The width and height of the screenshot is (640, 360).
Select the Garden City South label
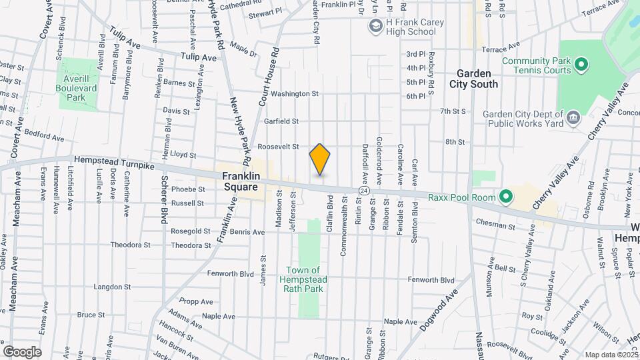pyautogui.click(x=477, y=79)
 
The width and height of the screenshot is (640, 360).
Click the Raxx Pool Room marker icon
pyautogui.click(x=505, y=197)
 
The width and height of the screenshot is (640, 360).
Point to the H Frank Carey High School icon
pyautogui.click(x=375, y=26)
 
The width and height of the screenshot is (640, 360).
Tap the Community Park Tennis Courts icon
pyautogui.click(x=581, y=65)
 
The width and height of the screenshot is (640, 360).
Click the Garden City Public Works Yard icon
pyautogui.click(x=572, y=119)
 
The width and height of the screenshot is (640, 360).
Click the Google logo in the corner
pyautogui.click(x=22, y=351)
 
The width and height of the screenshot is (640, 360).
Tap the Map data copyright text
pyautogui.click(x=611, y=355)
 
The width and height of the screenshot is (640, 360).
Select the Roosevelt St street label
pyautogui.click(x=278, y=147)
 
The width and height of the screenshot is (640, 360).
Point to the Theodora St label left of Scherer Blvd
pyautogui.click(x=127, y=245)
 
